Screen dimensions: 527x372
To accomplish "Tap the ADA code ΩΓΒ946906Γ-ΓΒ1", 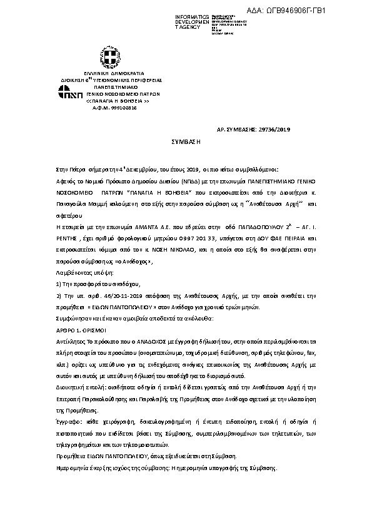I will [x=318, y=11].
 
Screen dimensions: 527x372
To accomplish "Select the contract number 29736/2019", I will [x=273, y=130].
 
